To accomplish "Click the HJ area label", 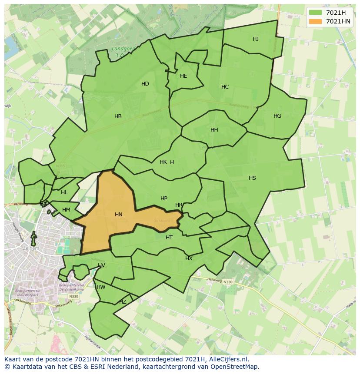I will pyautogui.click(x=256, y=39).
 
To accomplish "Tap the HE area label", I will pyautogui.click(x=183, y=76).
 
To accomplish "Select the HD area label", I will pyautogui.click(x=145, y=84).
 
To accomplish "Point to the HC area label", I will pyautogui.click(x=225, y=87).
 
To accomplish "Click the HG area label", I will pyautogui.click(x=277, y=116).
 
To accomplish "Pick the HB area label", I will pyautogui.click(x=118, y=116).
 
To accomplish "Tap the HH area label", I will pyautogui.click(x=214, y=130).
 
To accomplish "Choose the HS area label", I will pyautogui.click(x=252, y=178).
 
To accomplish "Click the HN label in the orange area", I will pyautogui.click(x=119, y=215).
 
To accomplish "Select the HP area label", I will pyautogui.click(x=164, y=199).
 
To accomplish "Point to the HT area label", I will pyautogui.click(x=169, y=238).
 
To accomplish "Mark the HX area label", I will pyautogui.click(x=189, y=258).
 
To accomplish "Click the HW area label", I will pyautogui.click(x=101, y=287).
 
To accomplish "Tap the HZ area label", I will pyautogui.click(x=123, y=302).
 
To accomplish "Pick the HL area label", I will pyautogui.click(x=64, y=192).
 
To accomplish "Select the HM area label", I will pyautogui.click(x=66, y=210).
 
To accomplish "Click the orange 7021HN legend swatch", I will pyautogui.click(x=316, y=21).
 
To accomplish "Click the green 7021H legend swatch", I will pyautogui.click(x=316, y=13).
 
